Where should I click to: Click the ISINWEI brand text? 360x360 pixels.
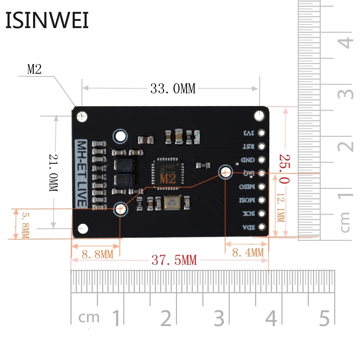tap(47, 21)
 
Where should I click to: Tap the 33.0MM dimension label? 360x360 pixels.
tap(173, 89)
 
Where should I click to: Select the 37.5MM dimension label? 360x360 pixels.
tap(174, 260)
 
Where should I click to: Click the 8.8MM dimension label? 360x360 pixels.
tap(97, 254)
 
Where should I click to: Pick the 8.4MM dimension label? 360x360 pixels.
tap(247, 253)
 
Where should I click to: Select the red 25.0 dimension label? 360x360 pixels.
tap(284, 169)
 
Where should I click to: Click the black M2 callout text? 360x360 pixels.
tap(35, 69)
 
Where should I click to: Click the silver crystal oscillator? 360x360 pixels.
tap(174, 203)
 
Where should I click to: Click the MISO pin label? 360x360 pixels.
tap(248, 187)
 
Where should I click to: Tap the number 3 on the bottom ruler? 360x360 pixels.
tap(219, 318)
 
